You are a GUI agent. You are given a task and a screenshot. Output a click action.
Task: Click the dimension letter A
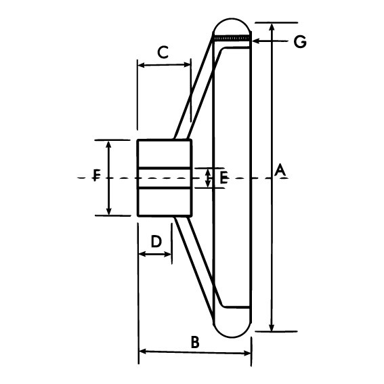280,171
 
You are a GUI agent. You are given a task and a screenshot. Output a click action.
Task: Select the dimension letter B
195,342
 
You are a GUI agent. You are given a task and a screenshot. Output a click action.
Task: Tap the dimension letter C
163,52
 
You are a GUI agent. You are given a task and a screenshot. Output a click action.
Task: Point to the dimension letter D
156,241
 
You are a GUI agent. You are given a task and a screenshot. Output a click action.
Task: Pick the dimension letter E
223,177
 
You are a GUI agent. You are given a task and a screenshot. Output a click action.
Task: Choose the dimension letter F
97,175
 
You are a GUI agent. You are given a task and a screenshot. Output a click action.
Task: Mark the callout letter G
300,41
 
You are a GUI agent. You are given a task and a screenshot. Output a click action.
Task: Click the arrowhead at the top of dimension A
271,27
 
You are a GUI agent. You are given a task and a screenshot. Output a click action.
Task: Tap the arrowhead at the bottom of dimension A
272,327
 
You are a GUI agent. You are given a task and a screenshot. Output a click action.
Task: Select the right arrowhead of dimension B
247,353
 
